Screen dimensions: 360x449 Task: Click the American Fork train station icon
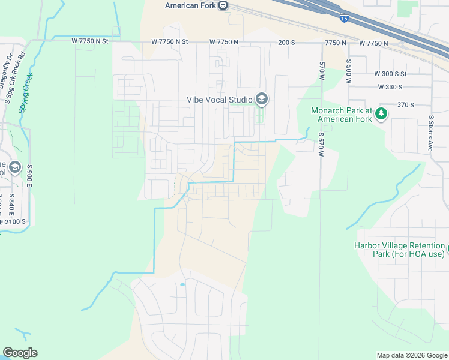tap(223, 5)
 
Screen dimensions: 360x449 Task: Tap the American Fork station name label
tap(191, 5)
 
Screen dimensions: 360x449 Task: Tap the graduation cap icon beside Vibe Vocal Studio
tap(262, 99)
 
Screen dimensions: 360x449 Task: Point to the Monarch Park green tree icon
tap(381, 114)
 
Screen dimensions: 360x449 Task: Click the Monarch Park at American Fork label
tap(342, 115)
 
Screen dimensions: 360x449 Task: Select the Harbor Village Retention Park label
tap(399, 250)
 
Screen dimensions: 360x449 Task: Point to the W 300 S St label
tap(390, 74)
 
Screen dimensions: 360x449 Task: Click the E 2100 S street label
tap(13, 221)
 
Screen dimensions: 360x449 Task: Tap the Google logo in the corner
tap(20, 353)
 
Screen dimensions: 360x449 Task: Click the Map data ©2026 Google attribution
tap(411, 355)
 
